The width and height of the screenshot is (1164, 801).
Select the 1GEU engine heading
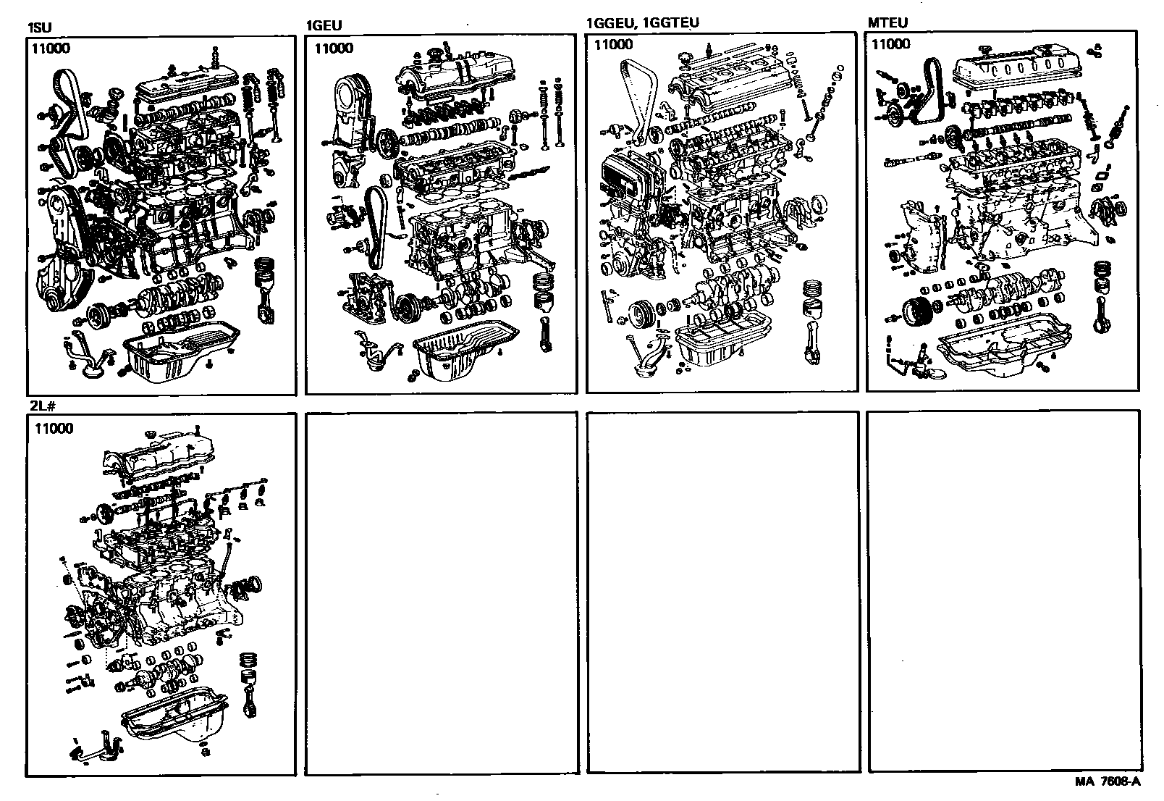(x=324, y=26)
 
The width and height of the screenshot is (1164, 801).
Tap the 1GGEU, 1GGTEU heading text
(x=642, y=22)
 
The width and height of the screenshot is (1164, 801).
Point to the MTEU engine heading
(x=887, y=22)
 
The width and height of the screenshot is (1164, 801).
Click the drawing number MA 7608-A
(x=1108, y=781)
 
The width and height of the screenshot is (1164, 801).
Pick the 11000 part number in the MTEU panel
(x=890, y=44)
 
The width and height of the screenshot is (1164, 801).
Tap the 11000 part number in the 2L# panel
(x=54, y=428)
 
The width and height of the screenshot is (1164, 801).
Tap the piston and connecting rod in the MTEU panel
(x=1101, y=297)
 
